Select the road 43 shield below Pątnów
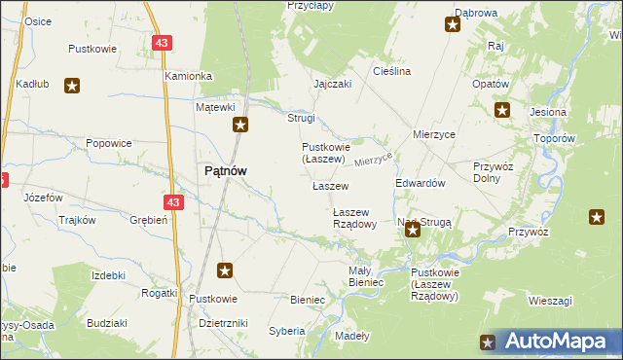pyautogui.click(x=173, y=202)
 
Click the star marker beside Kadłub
pyautogui.click(x=71, y=86)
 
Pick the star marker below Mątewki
pyautogui.click(x=240, y=125)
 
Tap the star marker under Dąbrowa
pyautogui.click(x=453, y=25)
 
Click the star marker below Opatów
pyautogui.click(x=502, y=110)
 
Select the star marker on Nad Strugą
pyautogui.click(x=413, y=230)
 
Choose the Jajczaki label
pyautogui.click(x=332, y=84)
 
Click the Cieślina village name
pyautogui.click(x=392, y=71)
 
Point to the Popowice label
pyautogui.click(x=108, y=143)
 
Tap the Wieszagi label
pyautogui.click(x=550, y=301)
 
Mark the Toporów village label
pyautogui.click(x=556, y=138)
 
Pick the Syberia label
pyautogui.click(x=287, y=331)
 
